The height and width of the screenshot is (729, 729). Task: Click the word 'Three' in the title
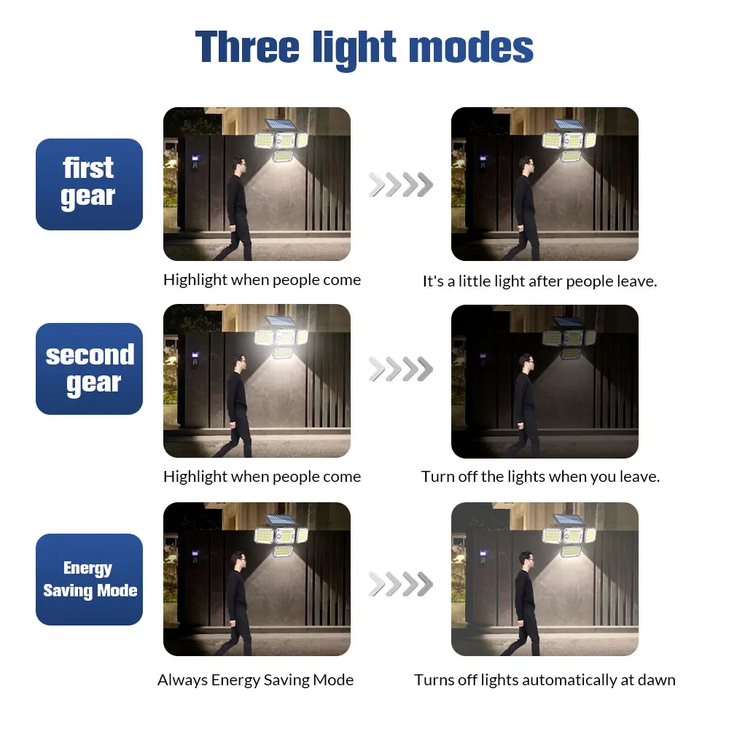click(x=248, y=47)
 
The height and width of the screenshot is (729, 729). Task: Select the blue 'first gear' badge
click(x=89, y=184)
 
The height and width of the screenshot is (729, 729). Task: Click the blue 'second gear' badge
click(x=89, y=369)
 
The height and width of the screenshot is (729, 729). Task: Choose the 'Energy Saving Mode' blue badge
click(x=89, y=580)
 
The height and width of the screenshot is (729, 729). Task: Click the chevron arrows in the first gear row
click(x=400, y=184)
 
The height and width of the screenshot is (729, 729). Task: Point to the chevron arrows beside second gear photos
click(x=400, y=370)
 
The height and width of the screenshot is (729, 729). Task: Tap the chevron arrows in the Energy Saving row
click(x=400, y=583)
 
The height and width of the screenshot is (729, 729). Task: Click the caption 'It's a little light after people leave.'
click(x=539, y=281)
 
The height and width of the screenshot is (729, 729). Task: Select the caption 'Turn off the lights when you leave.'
click(x=540, y=477)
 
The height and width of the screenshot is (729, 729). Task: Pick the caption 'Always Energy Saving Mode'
click(x=255, y=680)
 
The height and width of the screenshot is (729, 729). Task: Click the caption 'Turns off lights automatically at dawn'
click(x=545, y=680)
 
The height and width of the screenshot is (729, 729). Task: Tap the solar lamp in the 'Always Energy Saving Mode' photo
click(x=281, y=536)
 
